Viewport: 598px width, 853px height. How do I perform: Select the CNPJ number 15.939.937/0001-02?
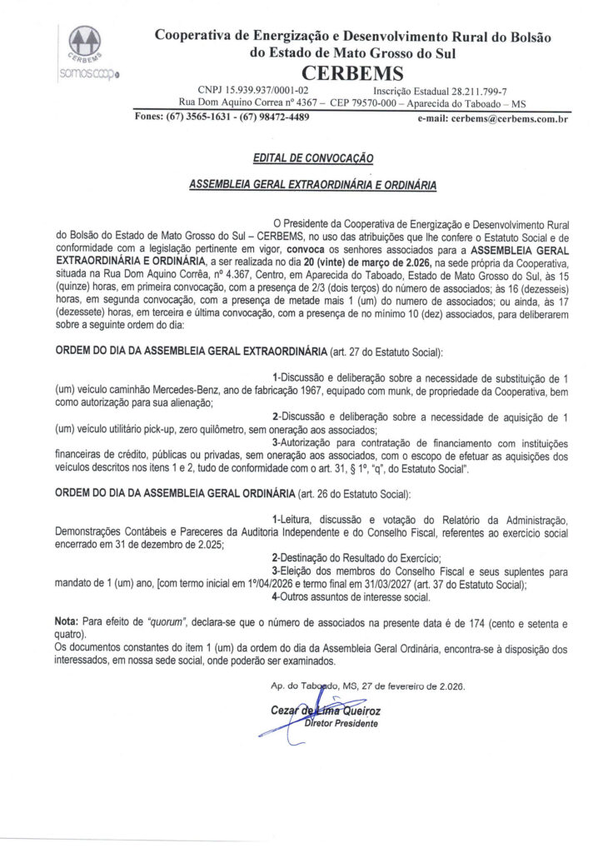264,90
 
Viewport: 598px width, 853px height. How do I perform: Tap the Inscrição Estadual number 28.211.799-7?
473,90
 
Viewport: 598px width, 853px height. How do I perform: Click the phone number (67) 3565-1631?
200,117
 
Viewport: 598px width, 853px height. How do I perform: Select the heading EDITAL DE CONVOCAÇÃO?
312,157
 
